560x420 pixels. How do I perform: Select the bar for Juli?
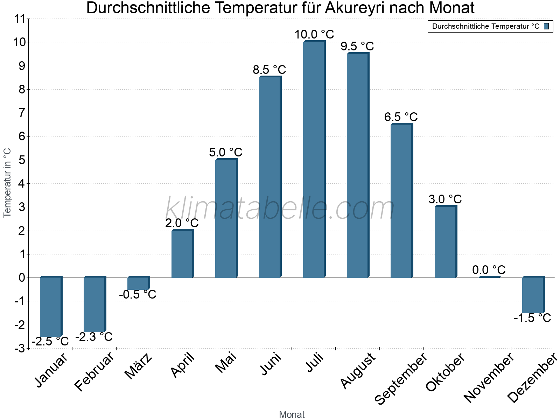[x=314, y=160]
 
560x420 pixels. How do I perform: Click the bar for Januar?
[x=50, y=307]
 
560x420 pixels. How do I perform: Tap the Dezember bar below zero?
[x=533, y=295]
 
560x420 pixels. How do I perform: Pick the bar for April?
[x=182, y=254]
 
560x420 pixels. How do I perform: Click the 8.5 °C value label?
[x=269, y=70]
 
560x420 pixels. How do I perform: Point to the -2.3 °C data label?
[x=94, y=337]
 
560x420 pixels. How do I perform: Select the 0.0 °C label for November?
[x=489, y=270]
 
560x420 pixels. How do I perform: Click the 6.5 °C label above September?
[x=401, y=117]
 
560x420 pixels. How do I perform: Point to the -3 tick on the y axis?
[x=20, y=348]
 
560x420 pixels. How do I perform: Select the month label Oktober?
[x=445, y=372]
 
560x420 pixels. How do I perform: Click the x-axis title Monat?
[x=292, y=414]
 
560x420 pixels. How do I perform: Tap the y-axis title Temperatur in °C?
[x=7, y=183]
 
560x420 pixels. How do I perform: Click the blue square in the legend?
[x=546, y=26]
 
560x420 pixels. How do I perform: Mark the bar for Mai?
[x=226, y=218]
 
